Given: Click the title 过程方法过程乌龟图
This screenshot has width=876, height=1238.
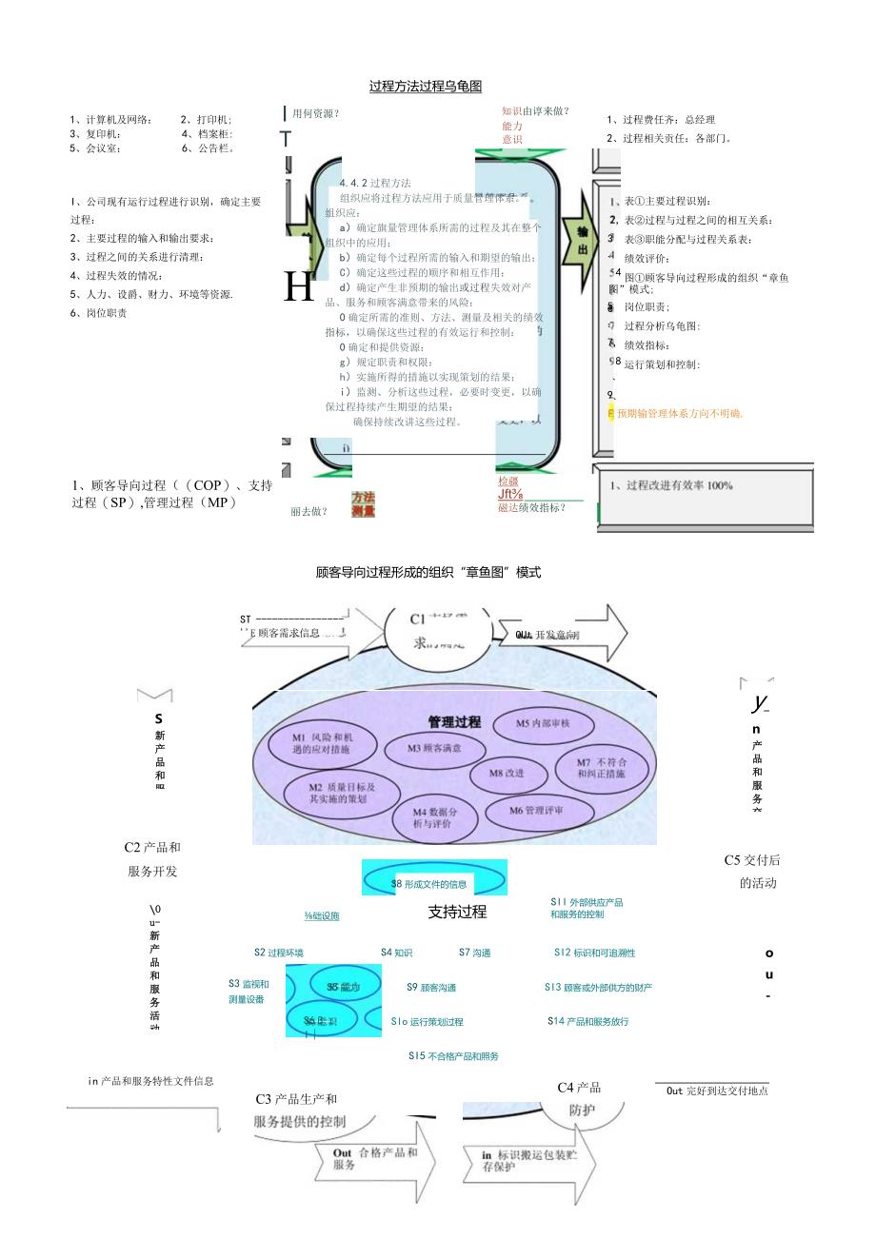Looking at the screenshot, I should (426, 87).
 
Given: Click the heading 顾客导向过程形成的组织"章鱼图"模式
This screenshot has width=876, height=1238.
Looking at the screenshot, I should (428, 572).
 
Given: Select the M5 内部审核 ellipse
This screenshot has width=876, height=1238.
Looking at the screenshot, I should (543, 724).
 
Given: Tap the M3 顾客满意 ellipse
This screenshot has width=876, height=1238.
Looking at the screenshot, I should (434, 748).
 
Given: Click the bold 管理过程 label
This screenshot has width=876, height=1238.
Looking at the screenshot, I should (454, 722).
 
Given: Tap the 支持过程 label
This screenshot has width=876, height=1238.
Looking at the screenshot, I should (457, 912).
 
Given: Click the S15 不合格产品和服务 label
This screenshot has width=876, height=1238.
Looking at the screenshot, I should (453, 1056).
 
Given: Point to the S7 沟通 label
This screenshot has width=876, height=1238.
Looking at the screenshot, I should (474, 953).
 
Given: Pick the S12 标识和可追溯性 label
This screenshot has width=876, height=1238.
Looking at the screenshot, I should (594, 953).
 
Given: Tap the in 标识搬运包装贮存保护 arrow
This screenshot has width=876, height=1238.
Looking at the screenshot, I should (529, 1160).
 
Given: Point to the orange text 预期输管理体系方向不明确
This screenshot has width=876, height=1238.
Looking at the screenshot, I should (678, 413).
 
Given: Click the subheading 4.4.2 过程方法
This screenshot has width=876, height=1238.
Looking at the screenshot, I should (375, 183).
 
